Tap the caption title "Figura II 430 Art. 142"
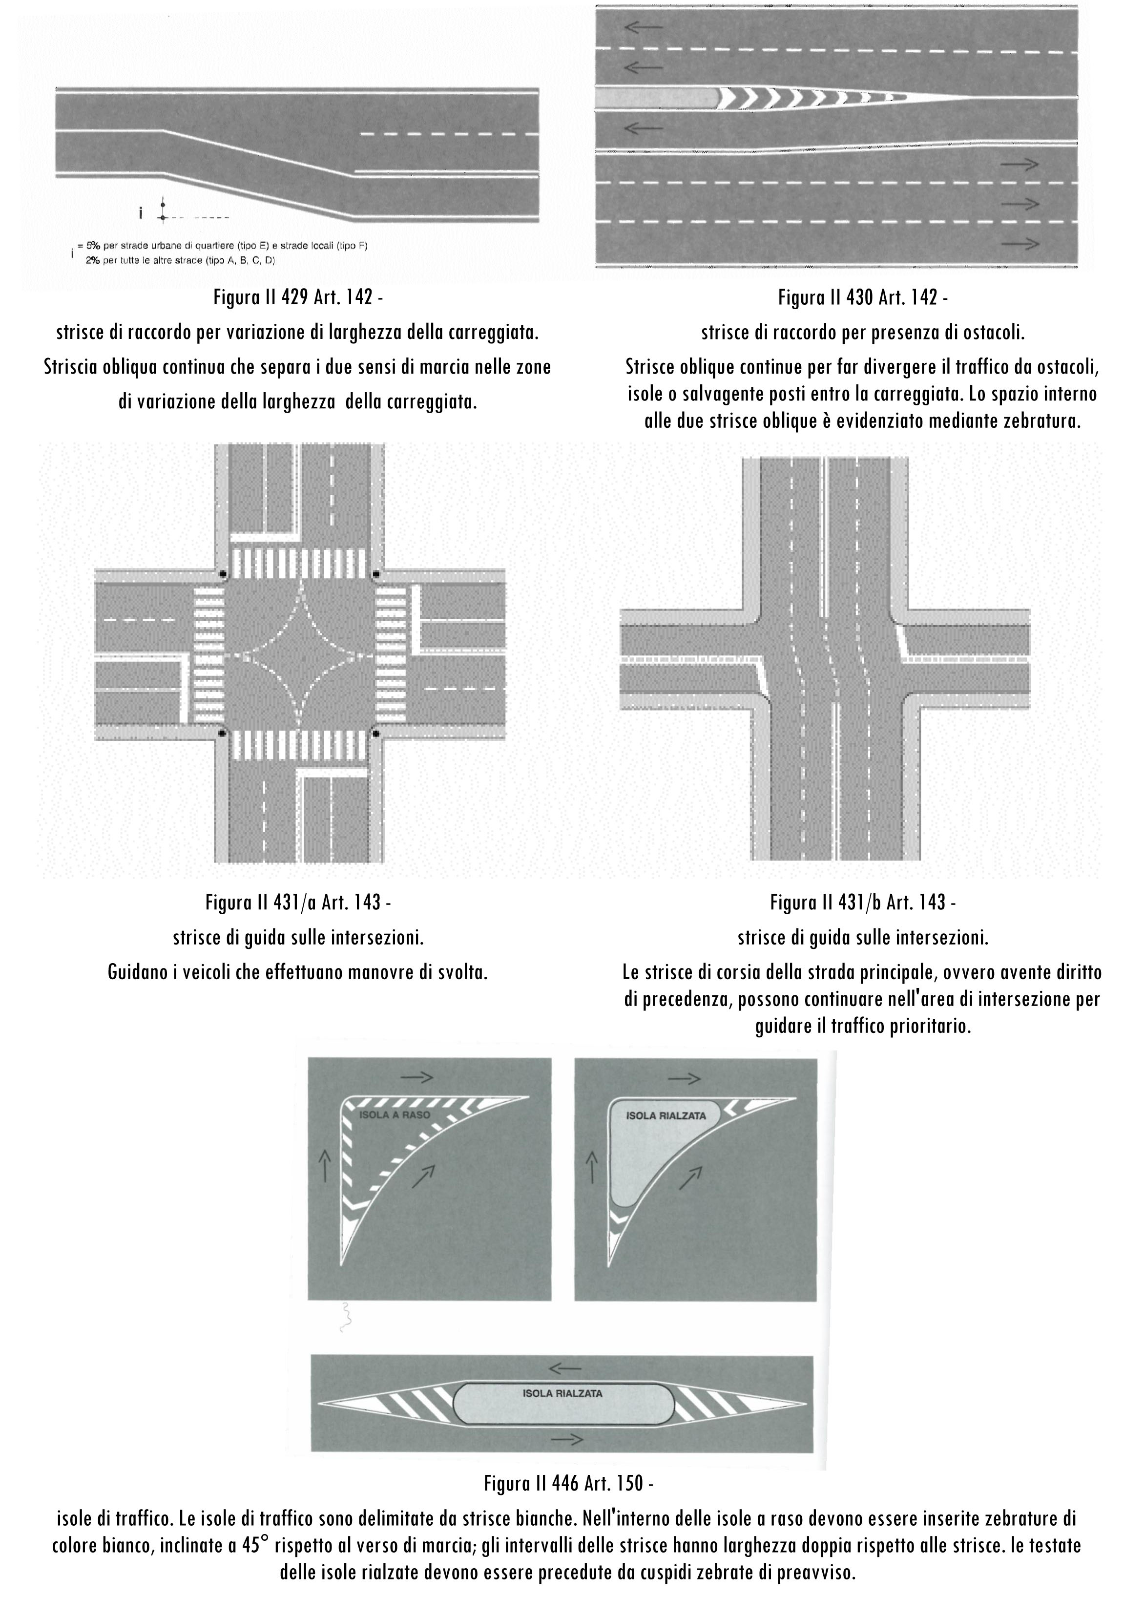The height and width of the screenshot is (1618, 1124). point(862,297)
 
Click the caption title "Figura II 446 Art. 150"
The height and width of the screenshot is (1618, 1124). point(568,1484)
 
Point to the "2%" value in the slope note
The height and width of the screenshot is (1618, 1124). point(93,260)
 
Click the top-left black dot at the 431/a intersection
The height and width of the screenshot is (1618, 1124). point(223,574)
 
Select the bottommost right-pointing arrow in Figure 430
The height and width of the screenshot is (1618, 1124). point(1020,244)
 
